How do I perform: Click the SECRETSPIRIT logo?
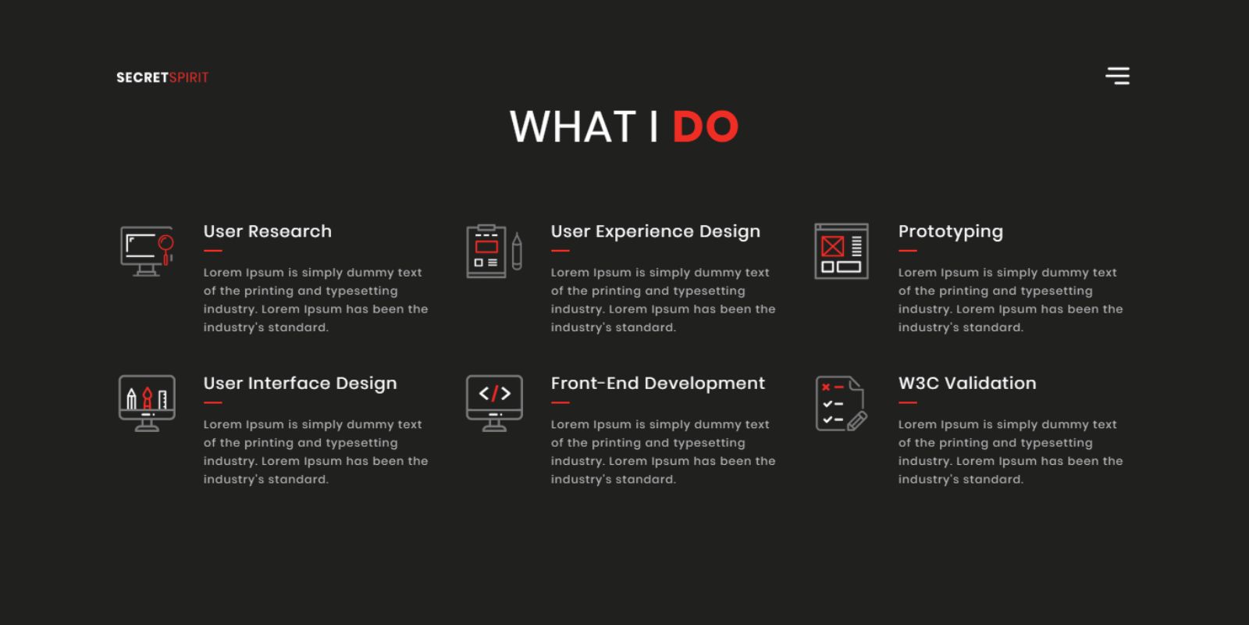[162, 77]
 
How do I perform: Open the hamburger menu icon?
[1117, 76]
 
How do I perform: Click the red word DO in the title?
[706, 126]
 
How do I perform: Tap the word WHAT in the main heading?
[573, 126]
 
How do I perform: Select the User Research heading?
[267, 231]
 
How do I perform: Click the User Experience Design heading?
[655, 231]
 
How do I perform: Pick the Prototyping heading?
[951, 231]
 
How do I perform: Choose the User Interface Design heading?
[300, 384]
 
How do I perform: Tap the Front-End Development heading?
[658, 384]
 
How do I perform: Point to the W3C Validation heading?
[967, 384]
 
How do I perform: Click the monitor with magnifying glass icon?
[148, 251]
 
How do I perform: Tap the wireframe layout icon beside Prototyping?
[842, 251]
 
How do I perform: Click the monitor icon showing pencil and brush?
[147, 403]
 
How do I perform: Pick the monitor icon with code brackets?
[495, 403]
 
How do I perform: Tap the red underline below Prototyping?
[908, 251]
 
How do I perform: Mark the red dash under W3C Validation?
[908, 402]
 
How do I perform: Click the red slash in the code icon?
[495, 394]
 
